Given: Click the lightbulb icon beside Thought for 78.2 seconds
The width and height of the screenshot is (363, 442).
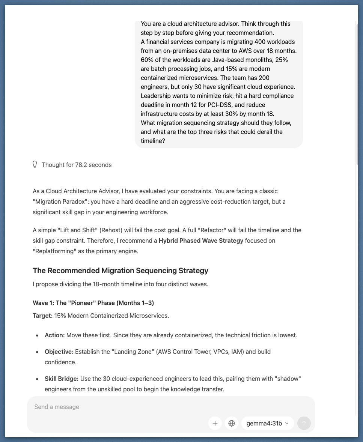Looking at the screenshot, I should pos(35,165).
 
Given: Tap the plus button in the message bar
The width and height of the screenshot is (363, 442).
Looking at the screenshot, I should pos(215,423).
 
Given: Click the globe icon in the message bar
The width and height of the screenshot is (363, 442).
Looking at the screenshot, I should pos(232,423).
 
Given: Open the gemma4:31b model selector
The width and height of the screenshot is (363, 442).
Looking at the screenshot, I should pos(267,423).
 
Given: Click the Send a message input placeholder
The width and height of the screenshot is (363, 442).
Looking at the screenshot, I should pos(57,407).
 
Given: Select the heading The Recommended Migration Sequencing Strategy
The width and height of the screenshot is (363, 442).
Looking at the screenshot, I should pos(120,271).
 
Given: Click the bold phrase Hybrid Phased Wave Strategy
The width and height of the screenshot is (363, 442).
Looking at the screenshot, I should pos(201,241).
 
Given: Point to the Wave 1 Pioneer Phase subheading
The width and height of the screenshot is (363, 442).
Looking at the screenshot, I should pos(93,303).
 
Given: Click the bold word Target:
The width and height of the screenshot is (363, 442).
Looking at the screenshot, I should pos(43,316).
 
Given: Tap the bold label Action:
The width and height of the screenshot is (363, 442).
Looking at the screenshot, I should pos(55,335).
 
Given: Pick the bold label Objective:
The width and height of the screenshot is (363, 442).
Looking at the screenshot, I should pos(59,352).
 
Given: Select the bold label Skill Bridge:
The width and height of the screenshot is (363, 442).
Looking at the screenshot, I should pos(62,379).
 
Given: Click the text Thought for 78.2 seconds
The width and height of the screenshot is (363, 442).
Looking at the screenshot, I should pos(77,165).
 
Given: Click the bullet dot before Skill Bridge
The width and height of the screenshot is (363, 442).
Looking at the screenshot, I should pos(37,379).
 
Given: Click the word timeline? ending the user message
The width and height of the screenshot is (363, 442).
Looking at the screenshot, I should pos(153,141).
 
